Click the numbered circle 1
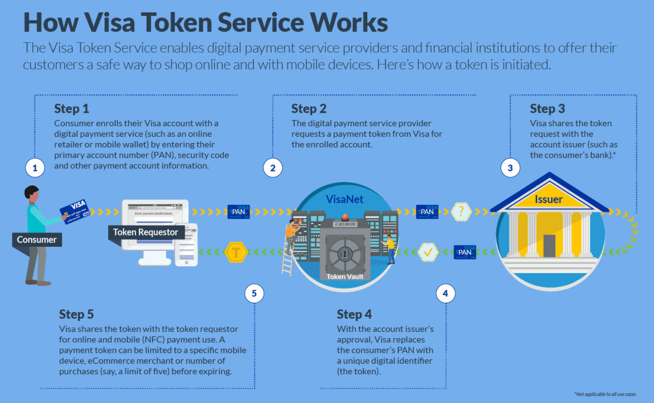pyautogui.click(x=35, y=168)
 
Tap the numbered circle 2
pyautogui.click(x=273, y=168)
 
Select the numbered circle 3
pyautogui.click(x=510, y=168)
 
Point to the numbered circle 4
pyautogui.click(x=446, y=293)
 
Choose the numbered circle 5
pyautogui.click(x=254, y=293)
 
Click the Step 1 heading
pyautogui.click(x=72, y=109)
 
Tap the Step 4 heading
pyautogui.click(x=354, y=314)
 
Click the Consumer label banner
pyautogui.click(x=37, y=240)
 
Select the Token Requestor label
pyautogui.click(x=146, y=232)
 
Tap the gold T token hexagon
pyautogui.click(x=236, y=252)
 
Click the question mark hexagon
pyautogui.click(x=461, y=211)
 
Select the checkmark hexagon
pyautogui.click(x=428, y=252)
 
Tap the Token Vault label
pyautogui.click(x=345, y=276)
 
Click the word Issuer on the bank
pyautogui.click(x=549, y=200)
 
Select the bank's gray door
pyautogui.click(x=549, y=246)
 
